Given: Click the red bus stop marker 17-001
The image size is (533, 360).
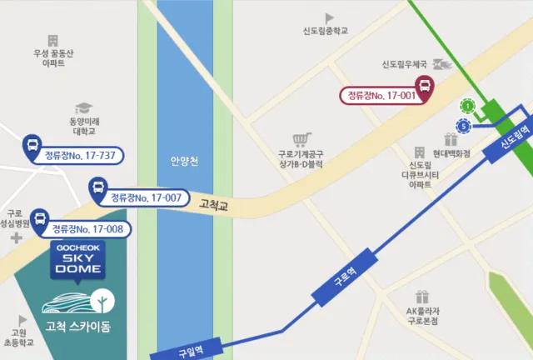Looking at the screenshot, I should click(424, 87).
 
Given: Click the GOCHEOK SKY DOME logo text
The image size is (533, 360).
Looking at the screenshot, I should click(76, 260).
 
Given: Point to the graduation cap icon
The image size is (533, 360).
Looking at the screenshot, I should click(82, 108).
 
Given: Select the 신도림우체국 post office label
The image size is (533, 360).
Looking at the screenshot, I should click(404, 64).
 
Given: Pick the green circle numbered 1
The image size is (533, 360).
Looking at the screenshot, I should click(467, 106).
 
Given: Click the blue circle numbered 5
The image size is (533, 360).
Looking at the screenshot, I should click(463, 126).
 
